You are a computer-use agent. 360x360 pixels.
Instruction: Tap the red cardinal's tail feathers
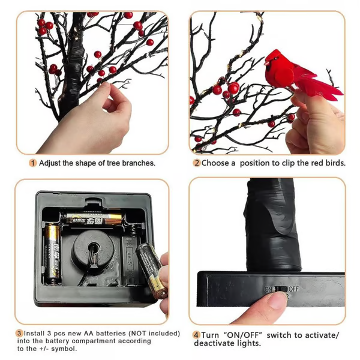pyautogui.click(x=325, y=89)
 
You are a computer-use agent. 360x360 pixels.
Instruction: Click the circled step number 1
pyautogui.click(x=33, y=163)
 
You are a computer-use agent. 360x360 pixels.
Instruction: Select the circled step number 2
pyautogui.click(x=196, y=163)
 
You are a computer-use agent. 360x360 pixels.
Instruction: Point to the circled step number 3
pyautogui.click(x=19, y=333)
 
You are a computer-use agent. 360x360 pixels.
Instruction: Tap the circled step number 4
pyautogui.click(x=196, y=335)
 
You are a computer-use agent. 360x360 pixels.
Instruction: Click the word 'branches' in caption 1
pyautogui.click(x=136, y=163)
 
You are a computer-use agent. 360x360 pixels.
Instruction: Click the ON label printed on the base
pyautogui.click(x=268, y=289)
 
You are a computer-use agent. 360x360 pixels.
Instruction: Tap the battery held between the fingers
pyautogui.click(x=151, y=269)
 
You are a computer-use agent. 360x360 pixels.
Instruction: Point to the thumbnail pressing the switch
pyautogui.click(x=277, y=299)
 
